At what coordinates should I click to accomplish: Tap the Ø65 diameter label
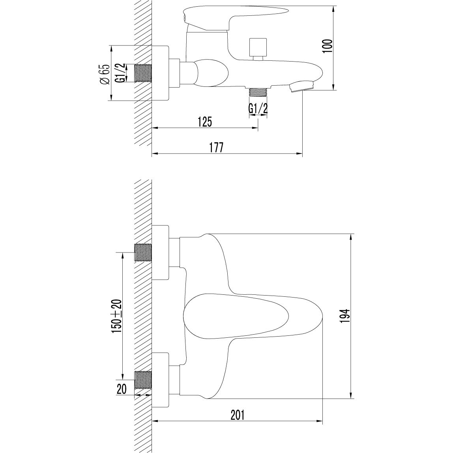(104, 74)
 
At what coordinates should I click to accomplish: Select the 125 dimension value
(204, 122)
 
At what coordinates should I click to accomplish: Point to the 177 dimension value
(216, 148)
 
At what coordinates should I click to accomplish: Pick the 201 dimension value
(238, 415)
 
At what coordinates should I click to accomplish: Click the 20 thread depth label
(122, 389)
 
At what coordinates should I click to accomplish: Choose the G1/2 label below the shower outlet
(258, 108)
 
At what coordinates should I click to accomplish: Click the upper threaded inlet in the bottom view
(143, 253)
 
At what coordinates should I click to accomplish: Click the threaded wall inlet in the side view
(143, 73)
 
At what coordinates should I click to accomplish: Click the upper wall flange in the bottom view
(161, 253)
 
